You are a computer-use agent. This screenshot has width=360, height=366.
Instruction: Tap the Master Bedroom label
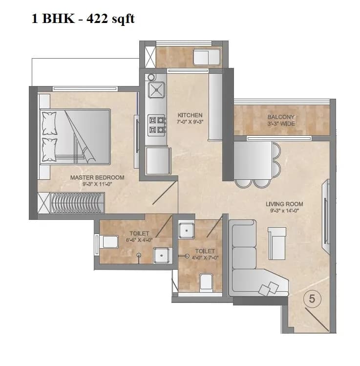(97, 177)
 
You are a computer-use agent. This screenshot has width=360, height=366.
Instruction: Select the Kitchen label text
(190, 115)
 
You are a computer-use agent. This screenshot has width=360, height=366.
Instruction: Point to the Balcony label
(281, 117)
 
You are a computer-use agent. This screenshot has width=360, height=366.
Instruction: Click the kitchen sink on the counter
(156, 90)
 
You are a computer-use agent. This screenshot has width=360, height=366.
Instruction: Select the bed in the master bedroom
(75, 136)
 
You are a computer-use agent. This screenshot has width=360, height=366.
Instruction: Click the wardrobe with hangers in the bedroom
(78, 202)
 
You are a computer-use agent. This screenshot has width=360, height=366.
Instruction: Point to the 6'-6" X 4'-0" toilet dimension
(139, 240)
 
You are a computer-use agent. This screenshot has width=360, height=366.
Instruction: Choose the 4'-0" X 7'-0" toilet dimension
(205, 258)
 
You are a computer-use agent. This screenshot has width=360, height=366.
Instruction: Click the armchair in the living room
(277, 238)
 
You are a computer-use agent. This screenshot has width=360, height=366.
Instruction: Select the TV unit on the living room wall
(326, 211)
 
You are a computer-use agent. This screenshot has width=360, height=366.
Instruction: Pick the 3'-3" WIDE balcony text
(281, 124)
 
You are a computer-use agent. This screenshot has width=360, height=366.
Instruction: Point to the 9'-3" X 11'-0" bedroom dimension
(97, 184)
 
